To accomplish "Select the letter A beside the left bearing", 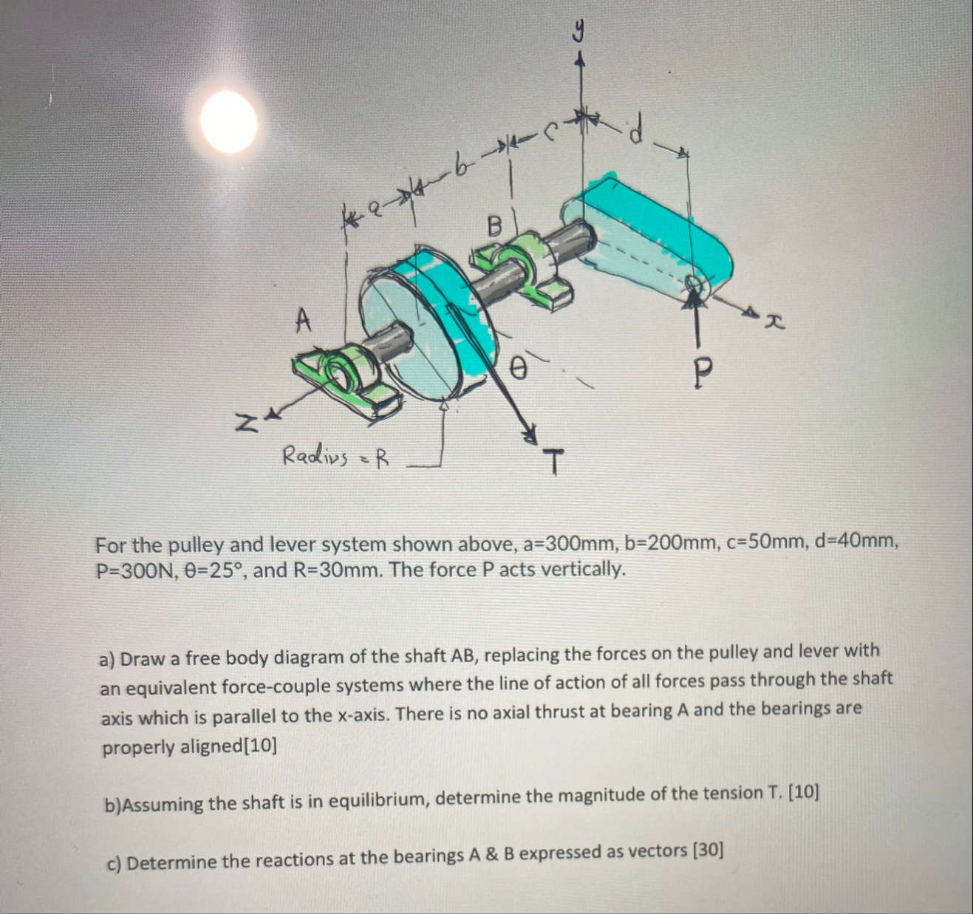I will pyautogui.click(x=303, y=320).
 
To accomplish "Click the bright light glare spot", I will pyautogui.click(x=229, y=122).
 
